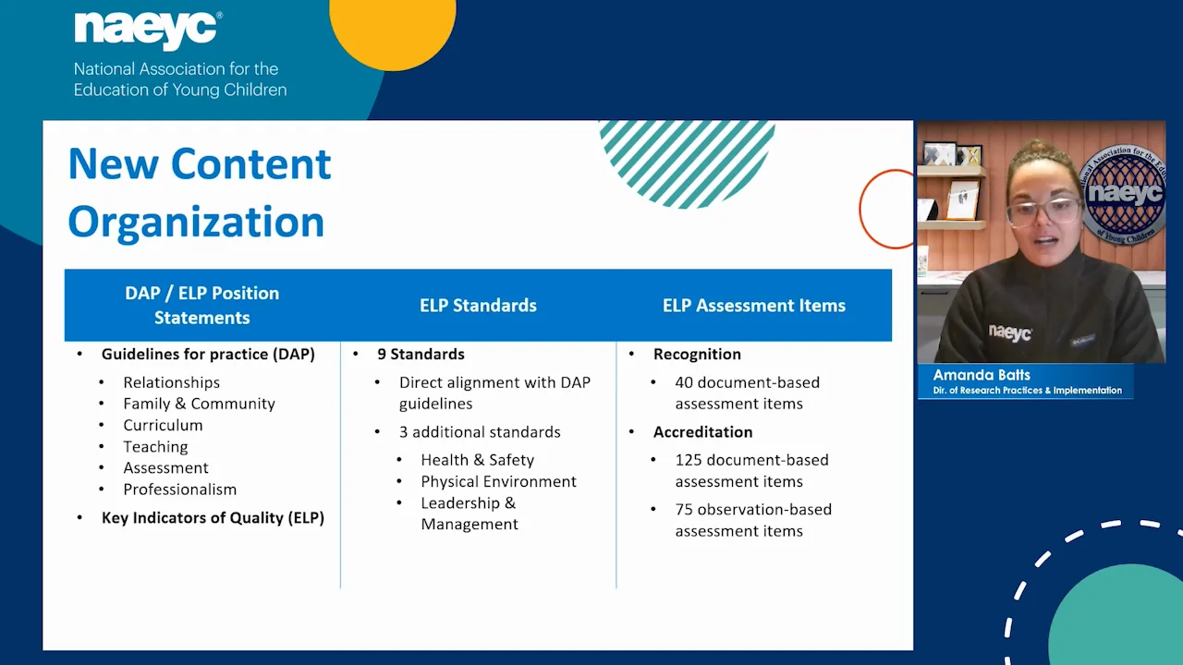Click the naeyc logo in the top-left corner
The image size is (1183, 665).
point(148,30)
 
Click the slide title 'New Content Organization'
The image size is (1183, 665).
point(200,193)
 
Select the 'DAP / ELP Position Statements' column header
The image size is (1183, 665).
point(202,305)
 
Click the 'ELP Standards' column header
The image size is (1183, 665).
point(478,306)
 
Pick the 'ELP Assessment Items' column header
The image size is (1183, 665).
point(754,306)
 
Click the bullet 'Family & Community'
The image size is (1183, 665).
point(199,404)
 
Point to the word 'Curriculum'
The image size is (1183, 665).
point(163,426)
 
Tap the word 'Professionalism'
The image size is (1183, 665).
point(179,490)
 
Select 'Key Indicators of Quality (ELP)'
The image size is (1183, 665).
point(213,518)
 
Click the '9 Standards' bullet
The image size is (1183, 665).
point(421,354)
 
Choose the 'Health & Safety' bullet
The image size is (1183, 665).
point(478,460)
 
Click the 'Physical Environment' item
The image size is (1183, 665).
point(498,481)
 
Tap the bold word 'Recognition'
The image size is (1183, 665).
point(697,354)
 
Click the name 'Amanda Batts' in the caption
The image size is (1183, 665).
point(982,375)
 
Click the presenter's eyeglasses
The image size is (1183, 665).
point(1044,212)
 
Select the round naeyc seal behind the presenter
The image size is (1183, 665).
point(1123,195)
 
